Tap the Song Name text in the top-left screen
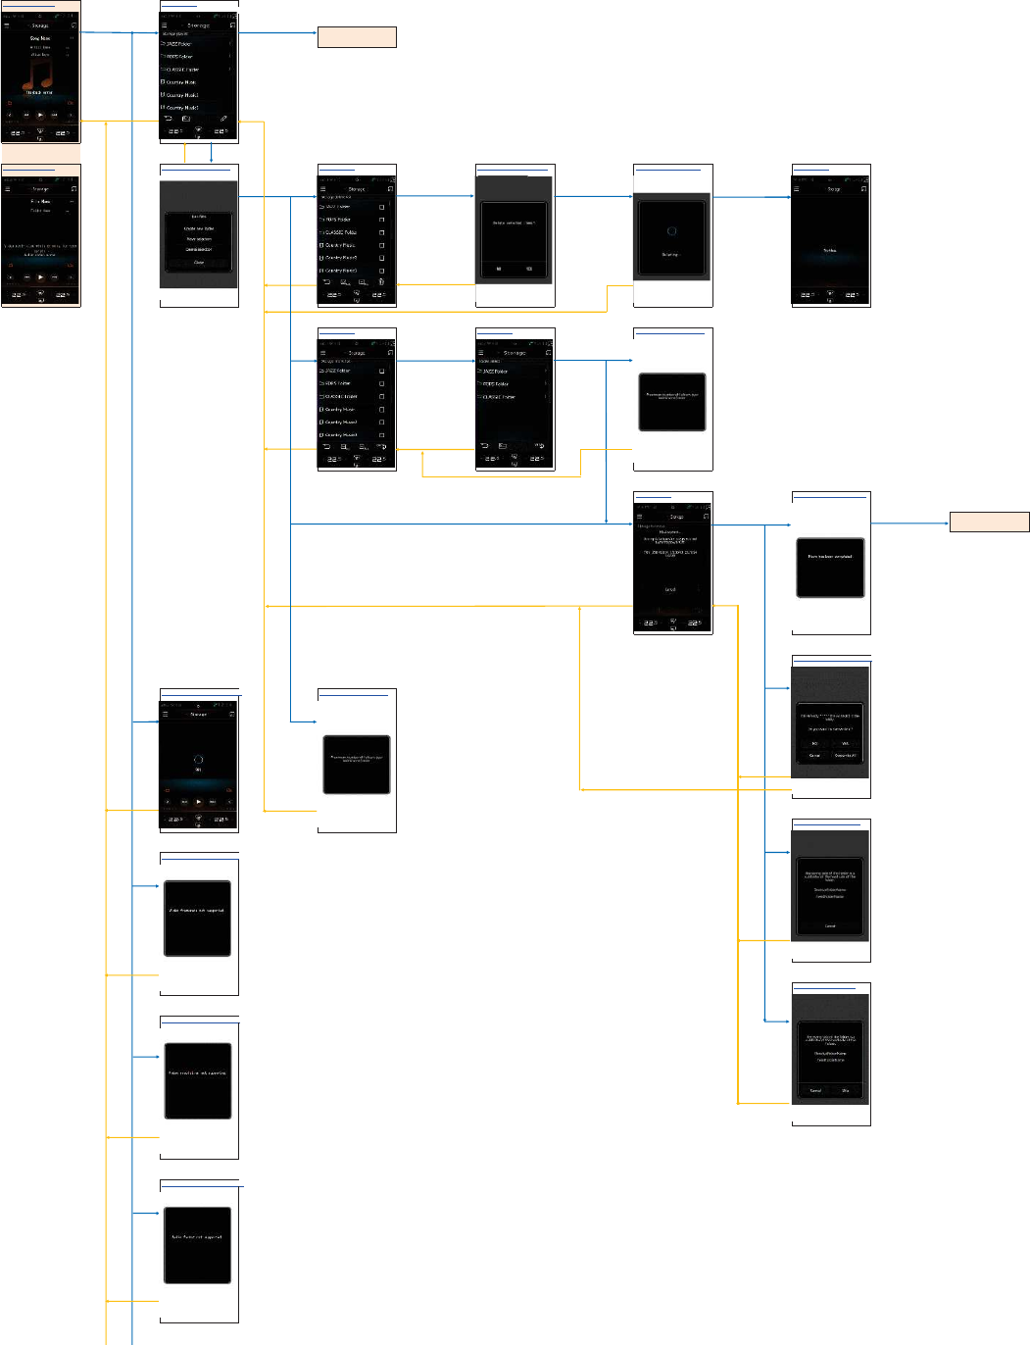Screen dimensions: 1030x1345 [40, 38]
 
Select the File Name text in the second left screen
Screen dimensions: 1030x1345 [40, 201]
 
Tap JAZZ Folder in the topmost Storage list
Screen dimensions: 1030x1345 [179, 44]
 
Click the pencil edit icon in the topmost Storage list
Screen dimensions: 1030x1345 [223, 118]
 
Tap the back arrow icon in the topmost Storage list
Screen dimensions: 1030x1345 [168, 118]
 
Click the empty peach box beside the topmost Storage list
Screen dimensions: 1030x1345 [357, 37]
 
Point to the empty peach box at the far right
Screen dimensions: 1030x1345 [989, 522]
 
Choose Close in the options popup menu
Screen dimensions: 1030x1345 [199, 262]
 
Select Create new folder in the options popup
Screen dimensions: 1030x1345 [199, 228]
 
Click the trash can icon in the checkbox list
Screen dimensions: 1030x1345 [381, 281]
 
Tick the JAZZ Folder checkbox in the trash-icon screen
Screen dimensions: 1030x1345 [381, 207]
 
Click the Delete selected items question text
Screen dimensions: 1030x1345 [515, 223]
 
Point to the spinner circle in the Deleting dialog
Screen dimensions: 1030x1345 [671, 231]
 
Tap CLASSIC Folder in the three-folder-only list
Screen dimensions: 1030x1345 [499, 397]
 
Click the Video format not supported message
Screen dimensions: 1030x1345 [197, 910]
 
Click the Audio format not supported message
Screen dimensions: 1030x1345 [197, 1237]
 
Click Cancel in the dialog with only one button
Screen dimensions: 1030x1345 [829, 925]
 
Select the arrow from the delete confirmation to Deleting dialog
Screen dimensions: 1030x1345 [594, 196]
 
